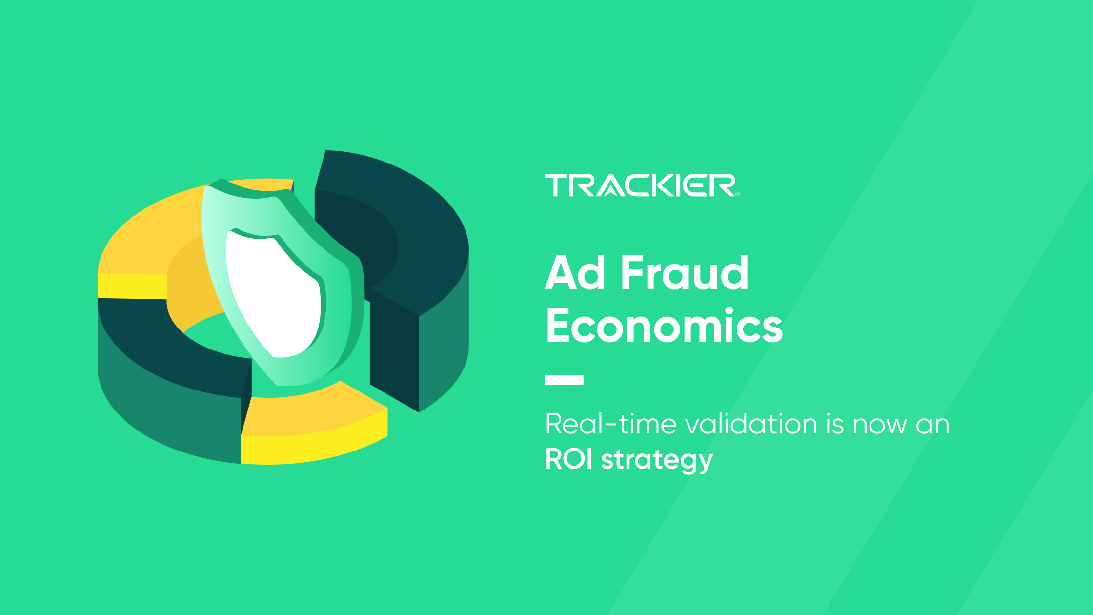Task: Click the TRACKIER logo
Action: click(642, 185)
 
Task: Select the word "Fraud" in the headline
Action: click(685, 272)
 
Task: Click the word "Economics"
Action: click(664, 325)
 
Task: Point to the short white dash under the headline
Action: click(564, 380)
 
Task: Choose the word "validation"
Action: click(751, 423)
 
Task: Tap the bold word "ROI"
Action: click(569, 459)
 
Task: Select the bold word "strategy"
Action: click(657, 461)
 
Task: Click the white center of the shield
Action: click(273, 293)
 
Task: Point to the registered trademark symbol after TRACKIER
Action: click(737, 194)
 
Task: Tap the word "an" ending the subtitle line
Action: click(932, 425)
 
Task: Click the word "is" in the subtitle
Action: click(835, 423)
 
